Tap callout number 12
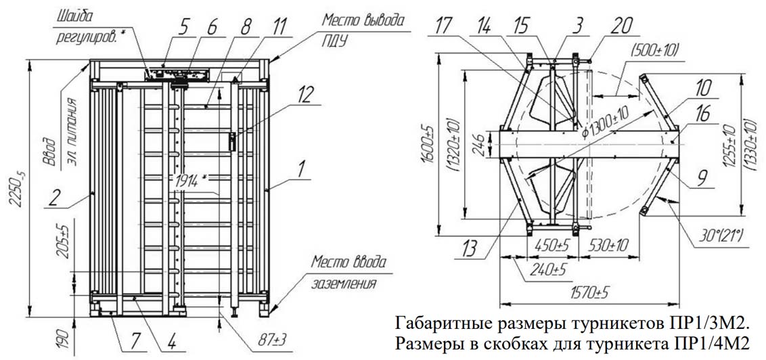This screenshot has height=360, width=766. pyautogui.click(x=307, y=96)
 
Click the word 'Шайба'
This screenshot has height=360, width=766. pyautogui.click(x=74, y=14)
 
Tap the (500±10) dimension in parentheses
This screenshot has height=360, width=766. pyautogui.click(x=654, y=49)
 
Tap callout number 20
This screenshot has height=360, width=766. pyautogui.click(x=622, y=27)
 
